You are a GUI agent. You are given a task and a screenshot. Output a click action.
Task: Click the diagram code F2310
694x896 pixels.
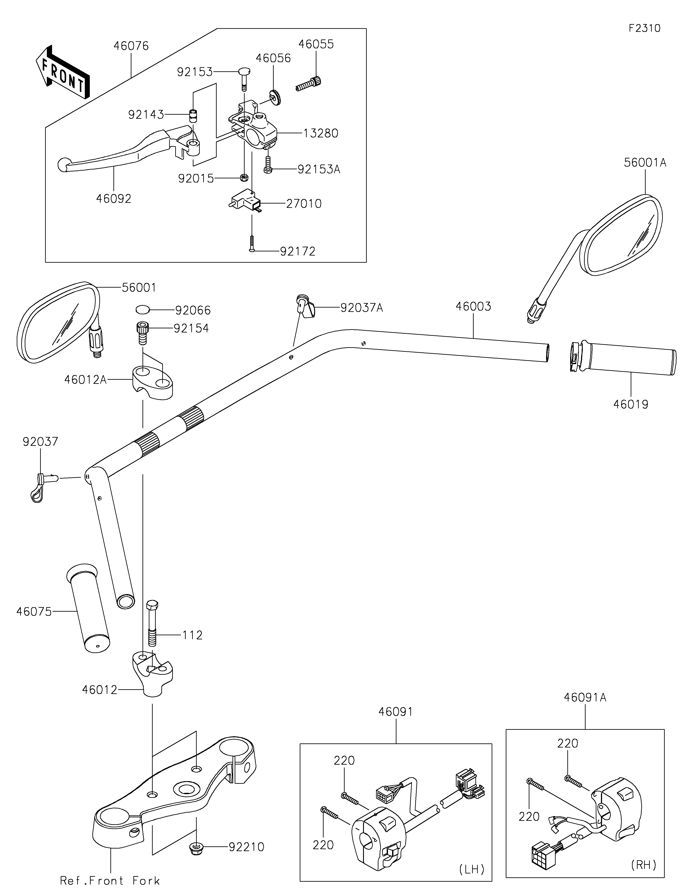click(644, 28)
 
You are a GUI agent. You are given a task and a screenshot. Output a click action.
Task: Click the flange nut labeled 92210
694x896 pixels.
click(196, 847)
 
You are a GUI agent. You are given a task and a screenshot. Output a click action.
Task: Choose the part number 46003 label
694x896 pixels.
click(473, 306)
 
